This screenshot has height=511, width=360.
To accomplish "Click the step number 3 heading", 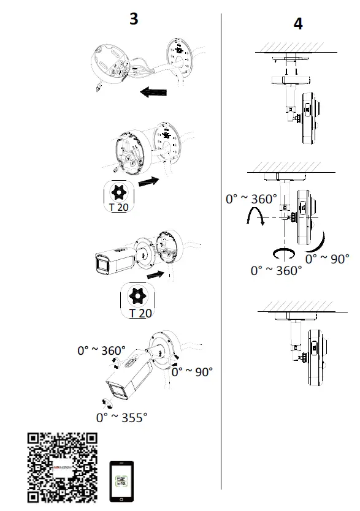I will point(134,19).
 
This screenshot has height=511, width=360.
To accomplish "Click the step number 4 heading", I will point(298,24).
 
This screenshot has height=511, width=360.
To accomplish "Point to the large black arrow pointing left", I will point(153,93).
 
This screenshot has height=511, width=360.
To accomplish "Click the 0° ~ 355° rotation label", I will point(121,417).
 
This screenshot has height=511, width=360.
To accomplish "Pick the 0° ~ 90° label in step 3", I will point(192,371).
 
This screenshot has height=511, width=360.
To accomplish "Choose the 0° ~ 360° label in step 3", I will point(101,350).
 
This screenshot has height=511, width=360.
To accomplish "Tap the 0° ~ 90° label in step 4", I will point(327,258).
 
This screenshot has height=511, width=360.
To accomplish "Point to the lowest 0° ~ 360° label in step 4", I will point(276,270).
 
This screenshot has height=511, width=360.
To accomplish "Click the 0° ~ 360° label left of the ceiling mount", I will point(251,199).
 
